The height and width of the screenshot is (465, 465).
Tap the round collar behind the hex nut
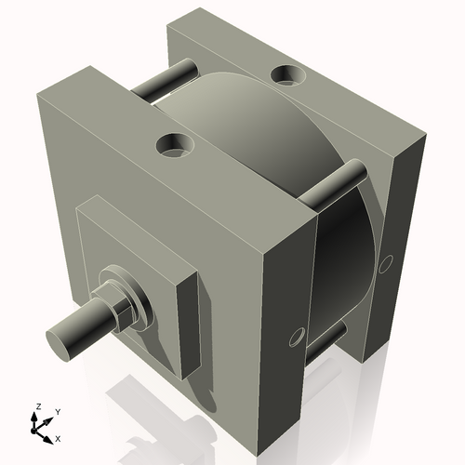tap(137, 296)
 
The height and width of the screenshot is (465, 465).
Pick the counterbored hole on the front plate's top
tap(173, 144)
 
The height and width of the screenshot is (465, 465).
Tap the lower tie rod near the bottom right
tap(325, 339)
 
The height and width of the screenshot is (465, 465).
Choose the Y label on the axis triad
tap(57, 411)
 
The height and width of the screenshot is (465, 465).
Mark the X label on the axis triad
tap(59, 437)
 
